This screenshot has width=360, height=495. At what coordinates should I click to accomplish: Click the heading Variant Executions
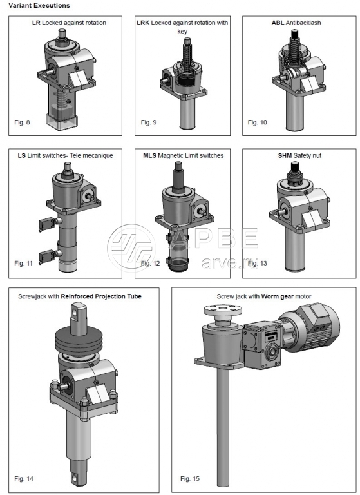tap(39, 5)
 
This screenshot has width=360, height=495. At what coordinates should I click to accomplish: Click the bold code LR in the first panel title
tap(36, 23)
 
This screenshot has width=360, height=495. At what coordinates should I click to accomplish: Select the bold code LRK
tap(143, 23)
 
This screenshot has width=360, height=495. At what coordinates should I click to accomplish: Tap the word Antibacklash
tap(303, 23)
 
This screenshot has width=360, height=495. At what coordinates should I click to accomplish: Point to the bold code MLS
tap(149, 155)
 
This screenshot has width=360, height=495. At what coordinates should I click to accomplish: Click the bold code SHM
tap(285, 155)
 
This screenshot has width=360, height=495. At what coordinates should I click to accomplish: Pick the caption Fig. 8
tap(22, 122)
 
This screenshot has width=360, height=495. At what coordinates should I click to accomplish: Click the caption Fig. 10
tap(257, 122)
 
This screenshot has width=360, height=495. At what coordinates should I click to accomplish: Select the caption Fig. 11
tap(23, 263)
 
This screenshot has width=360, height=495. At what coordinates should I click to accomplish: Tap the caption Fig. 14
tap(24, 479)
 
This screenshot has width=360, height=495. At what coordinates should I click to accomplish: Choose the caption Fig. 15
tap(190, 479)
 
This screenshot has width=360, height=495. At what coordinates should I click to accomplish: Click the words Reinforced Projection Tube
tap(101, 296)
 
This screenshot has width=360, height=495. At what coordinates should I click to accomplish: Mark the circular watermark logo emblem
tap(131, 248)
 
